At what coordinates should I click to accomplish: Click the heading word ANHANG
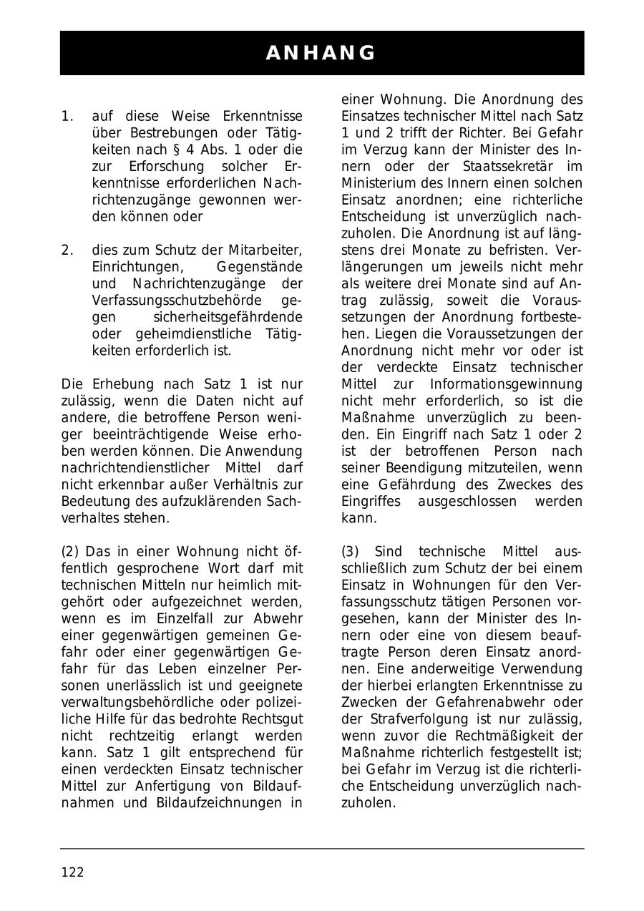click(321, 53)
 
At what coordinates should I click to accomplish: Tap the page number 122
click(72, 872)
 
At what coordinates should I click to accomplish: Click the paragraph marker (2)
click(72, 551)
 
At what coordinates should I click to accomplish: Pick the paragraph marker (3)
click(351, 551)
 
